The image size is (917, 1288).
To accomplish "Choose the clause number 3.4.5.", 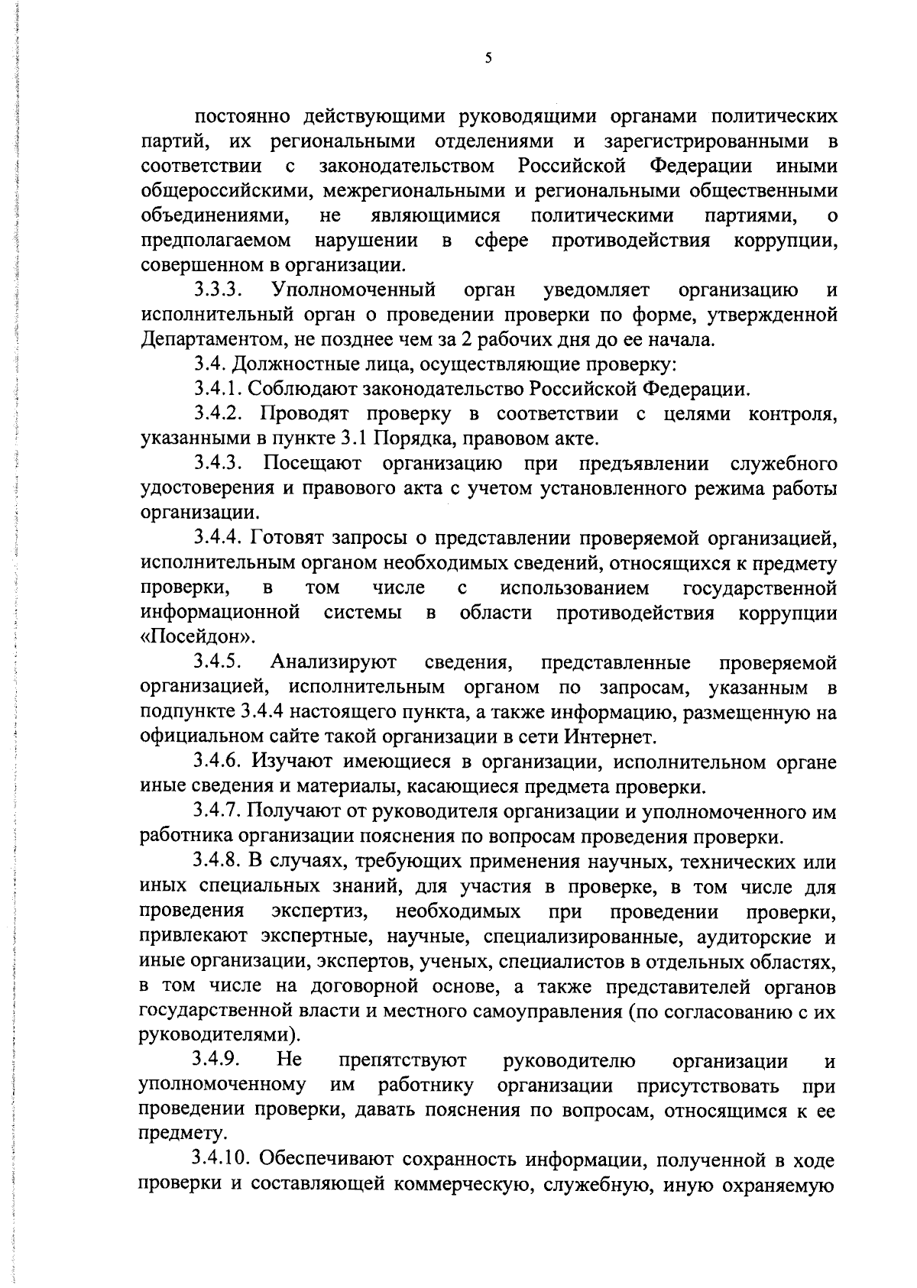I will tap(218, 662).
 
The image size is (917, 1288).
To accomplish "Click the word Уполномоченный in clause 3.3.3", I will tap(353, 290).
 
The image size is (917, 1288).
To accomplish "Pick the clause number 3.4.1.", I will tap(218, 390).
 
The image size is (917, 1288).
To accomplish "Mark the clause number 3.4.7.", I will tap(218, 812).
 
